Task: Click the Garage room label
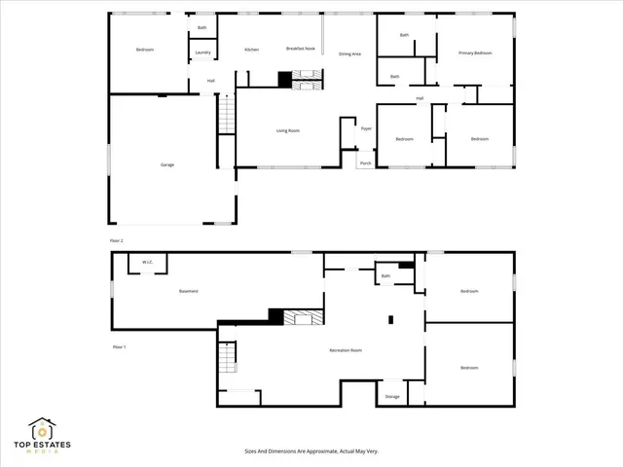tap(167, 165)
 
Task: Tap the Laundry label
tap(202, 53)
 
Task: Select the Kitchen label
tap(251, 49)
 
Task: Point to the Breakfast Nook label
tap(300, 48)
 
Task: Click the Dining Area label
tap(349, 54)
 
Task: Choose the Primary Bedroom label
tap(475, 53)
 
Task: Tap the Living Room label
tap(287, 130)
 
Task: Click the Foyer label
tap(367, 128)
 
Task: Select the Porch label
tap(366, 163)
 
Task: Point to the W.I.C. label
tap(148, 262)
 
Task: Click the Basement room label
tap(189, 291)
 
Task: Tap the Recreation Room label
tap(345, 349)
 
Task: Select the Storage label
tap(392, 396)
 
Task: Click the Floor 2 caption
tap(117, 239)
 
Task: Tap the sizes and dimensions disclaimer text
tap(311, 451)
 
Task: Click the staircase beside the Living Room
tap(226, 115)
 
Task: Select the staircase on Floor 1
tap(227, 358)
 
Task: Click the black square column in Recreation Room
tap(390, 318)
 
